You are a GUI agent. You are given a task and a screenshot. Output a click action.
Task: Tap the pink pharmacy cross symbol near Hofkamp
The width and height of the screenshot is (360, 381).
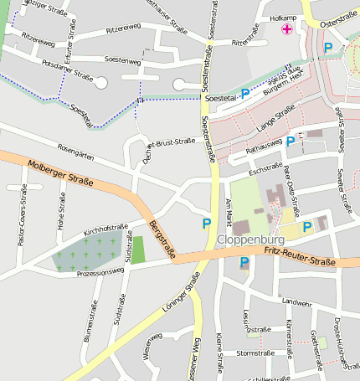[287, 30]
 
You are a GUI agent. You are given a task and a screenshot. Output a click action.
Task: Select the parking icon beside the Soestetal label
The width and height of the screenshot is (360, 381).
[245, 94]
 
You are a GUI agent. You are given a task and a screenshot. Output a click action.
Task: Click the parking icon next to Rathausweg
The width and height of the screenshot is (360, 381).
[290, 142]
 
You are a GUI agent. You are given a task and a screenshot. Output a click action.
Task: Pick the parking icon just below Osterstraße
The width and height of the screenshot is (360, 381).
[328, 48]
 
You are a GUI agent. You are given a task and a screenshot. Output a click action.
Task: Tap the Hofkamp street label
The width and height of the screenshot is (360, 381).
[285, 17]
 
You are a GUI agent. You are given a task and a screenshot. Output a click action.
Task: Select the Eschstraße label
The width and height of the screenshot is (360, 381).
[265, 169]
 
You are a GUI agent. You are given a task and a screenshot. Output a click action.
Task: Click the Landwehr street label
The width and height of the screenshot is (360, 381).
[296, 302]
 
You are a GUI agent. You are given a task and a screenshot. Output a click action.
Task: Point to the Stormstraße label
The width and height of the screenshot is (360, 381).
[255, 353]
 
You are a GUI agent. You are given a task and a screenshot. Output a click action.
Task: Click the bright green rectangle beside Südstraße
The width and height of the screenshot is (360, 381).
[138, 250]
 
